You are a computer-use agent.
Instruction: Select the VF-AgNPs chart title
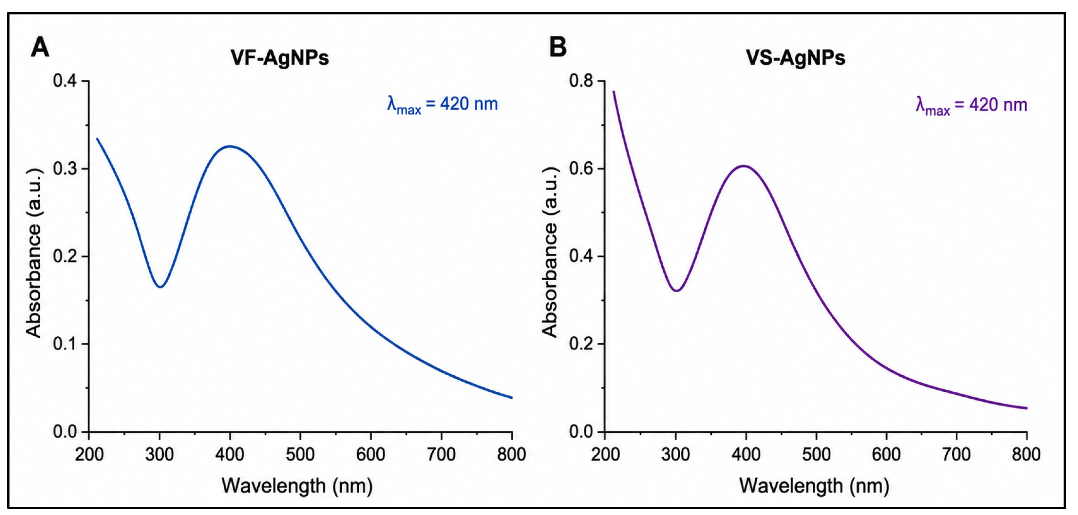[279, 58]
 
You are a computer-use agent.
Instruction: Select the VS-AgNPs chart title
[796, 58]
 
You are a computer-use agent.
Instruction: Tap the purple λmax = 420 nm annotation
[972, 105]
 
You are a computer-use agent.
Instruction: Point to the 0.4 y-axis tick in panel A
[66, 81]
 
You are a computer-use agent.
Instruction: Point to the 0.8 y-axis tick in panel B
[582, 81]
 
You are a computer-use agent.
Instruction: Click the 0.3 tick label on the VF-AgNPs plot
[66, 169]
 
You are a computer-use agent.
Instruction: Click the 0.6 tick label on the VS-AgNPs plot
[582, 169]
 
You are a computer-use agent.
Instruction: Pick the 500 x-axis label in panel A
[300, 454]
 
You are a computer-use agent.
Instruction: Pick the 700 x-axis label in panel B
[956, 454]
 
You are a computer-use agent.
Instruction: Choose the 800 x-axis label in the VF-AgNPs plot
[511, 454]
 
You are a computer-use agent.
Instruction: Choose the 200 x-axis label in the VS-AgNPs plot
[605, 454]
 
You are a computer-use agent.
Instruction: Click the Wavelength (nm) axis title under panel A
[297, 486]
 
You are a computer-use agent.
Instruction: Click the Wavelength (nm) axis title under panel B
[814, 486]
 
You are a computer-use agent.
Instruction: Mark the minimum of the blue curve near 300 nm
[160, 287]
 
